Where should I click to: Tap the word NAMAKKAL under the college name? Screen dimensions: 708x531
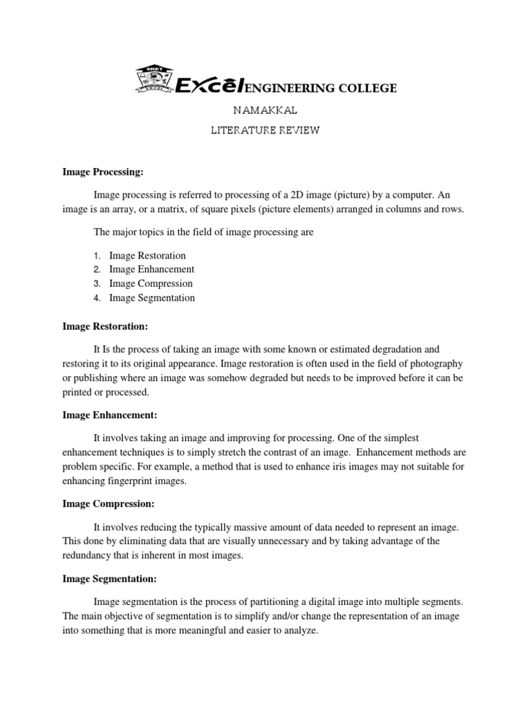click(x=265, y=110)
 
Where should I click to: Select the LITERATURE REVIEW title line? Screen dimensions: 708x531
click(x=265, y=131)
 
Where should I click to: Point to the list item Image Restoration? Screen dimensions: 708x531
click(x=147, y=255)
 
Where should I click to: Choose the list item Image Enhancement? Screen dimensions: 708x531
click(x=151, y=270)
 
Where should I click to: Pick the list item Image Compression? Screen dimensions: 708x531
click(x=151, y=283)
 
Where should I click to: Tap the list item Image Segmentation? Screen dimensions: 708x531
click(x=152, y=298)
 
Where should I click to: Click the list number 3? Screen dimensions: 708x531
click(x=97, y=284)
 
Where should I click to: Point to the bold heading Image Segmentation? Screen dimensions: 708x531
click(x=110, y=579)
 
